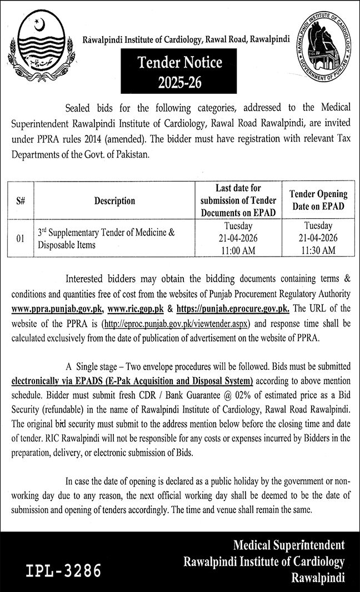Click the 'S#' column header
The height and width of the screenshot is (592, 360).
pyautogui.click(x=19, y=201)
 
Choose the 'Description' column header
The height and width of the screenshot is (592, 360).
pyautogui.click(x=114, y=201)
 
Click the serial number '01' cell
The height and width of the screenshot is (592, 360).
pyautogui.click(x=19, y=239)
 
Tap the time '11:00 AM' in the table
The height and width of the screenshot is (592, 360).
pyautogui.click(x=238, y=250)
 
